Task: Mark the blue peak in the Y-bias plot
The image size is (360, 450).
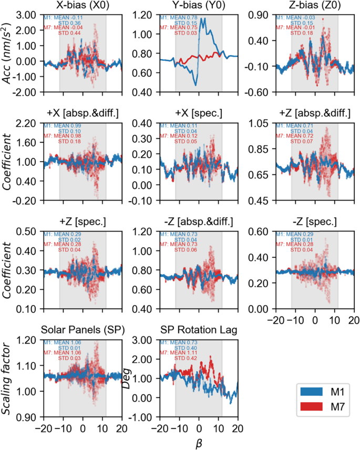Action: click(202, 19)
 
